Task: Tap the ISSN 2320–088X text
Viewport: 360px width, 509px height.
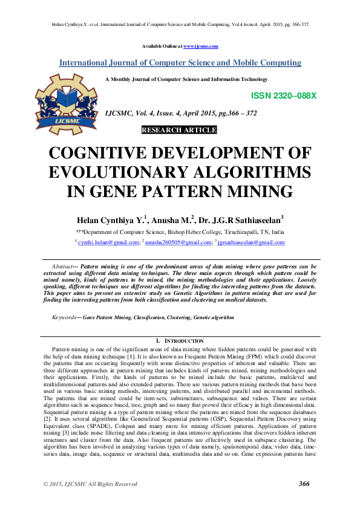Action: pyautogui.click(x=283, y=96)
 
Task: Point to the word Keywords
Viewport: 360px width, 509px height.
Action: pyautogui.click(x=64, y=316)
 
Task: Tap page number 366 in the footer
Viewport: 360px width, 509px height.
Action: pyautogui.click(x=304, y=484)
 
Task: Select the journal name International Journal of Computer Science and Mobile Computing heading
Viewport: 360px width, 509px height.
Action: pyautogui.click(x=180, y=63)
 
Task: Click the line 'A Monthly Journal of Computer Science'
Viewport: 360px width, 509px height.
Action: pyautogui.click(x=186, y=79)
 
